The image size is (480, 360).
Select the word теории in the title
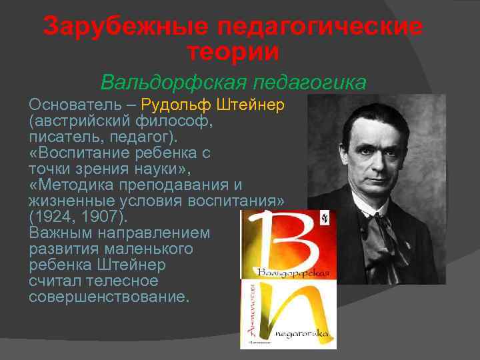tap(233, 51)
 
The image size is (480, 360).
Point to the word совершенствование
tap(109, 297)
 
